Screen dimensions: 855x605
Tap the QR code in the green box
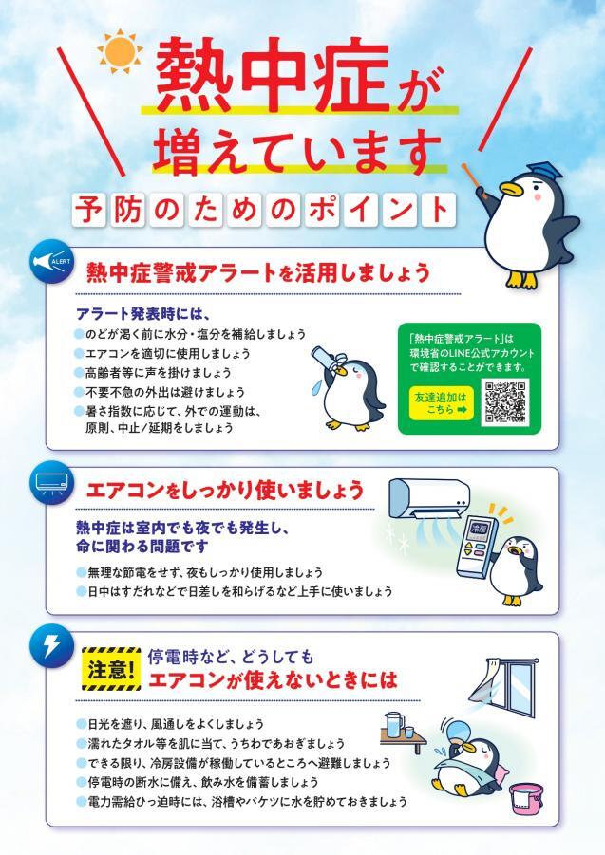pyautogui.click(x=505, y=401)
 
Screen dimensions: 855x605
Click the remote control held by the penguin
pyautogui.click(x=477, y=545)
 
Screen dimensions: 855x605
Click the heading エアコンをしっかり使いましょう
pyautogui.click(x=225, y=490)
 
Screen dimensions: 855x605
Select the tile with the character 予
pyautogui.click(x=90, y=209)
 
